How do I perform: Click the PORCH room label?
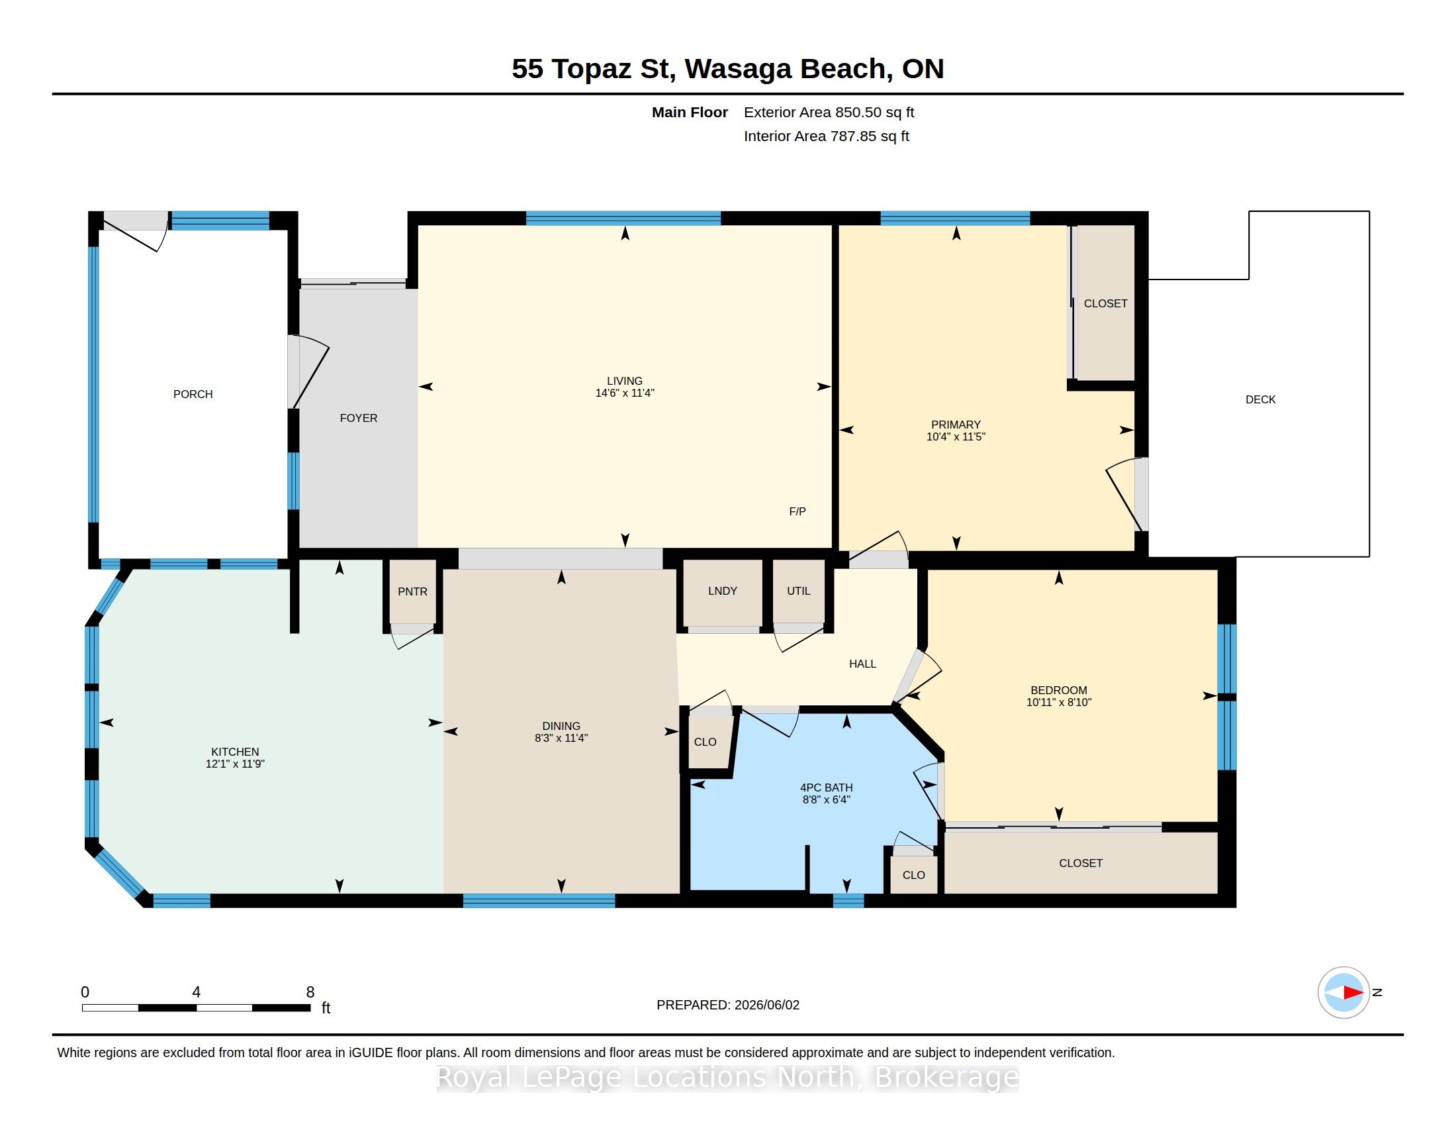[x=193, y=394]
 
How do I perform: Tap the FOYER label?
[x=359, y=418]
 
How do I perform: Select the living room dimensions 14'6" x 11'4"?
[x=625, y=393]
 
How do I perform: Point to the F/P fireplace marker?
[x=797, y=511]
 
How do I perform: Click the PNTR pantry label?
[x=413, y=591]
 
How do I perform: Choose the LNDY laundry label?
[x=723, y=591]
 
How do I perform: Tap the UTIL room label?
[x=799, y=591]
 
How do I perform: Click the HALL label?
[x=862, y=664]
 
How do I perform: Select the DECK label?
[x=1261, y=399]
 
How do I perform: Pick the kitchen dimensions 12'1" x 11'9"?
[x=236, y=764]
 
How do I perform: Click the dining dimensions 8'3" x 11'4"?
[x=561, y=738]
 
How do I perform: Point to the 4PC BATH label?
[x=827, y=788]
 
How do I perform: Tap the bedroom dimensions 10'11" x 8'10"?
[x=1059, y=702]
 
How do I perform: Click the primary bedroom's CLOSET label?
[x=1105, y=303]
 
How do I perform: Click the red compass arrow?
[x=1353, y=993]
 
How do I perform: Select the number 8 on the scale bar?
[x=310, y=992]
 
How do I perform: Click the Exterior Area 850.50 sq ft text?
[x=829, y=112]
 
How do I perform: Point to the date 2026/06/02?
[x=766, y=1005]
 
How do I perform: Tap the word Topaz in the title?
[x=591, y=69]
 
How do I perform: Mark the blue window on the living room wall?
[x=623, y=218]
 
